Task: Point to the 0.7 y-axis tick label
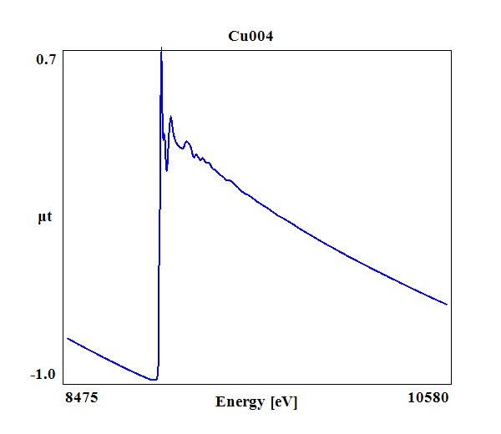click(46, 59)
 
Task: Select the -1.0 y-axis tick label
click(43, 374)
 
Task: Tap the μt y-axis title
click(45, 218)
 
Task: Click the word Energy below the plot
click(241, 401)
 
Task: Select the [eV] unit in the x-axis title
click(283, 401)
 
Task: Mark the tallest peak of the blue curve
click(161, 51)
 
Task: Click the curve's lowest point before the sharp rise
click(154, 380)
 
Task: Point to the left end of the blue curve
click(67, 338)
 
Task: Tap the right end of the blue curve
click(448, 305)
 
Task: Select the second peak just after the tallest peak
click(170, 117)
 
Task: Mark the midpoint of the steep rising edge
click(159, 217)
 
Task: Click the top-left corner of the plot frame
click(63, 50)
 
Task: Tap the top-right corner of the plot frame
click(452, 50)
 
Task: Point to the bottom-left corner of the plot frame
click(63, 384)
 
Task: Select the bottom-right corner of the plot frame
click(452, 384)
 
